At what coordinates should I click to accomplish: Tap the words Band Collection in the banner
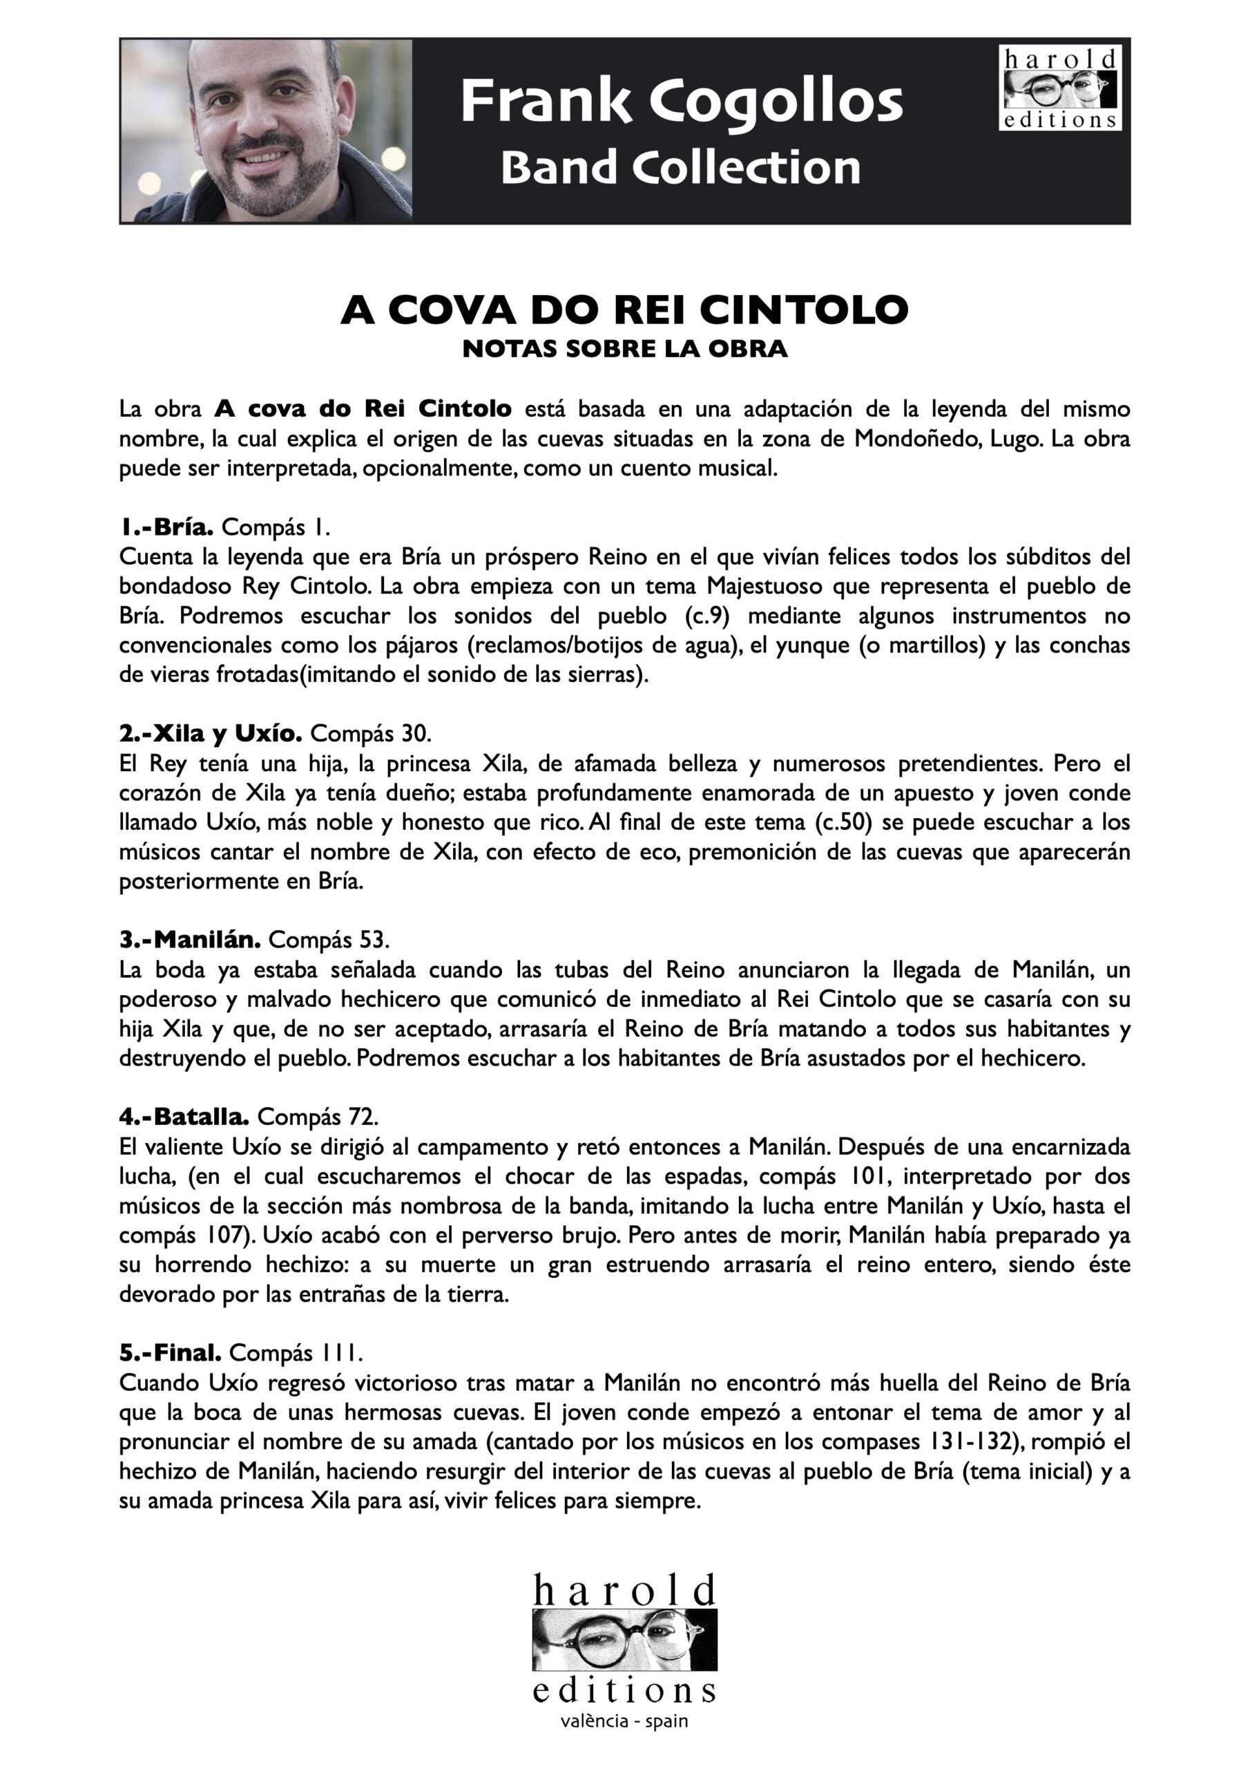680,167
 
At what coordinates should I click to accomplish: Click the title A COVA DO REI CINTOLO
624,310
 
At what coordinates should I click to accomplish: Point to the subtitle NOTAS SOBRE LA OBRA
624,349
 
